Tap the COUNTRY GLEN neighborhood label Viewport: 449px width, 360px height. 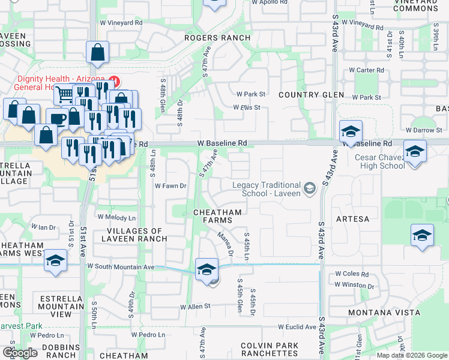coord(311,95)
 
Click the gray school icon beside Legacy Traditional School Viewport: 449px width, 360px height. coord(310,189)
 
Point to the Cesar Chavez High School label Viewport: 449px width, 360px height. coord(379,162)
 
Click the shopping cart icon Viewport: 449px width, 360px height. coord(64,94)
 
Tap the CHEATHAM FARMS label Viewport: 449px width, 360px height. coord(217,217)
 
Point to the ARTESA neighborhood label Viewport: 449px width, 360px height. coord(353,219)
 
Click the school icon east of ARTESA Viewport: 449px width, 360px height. coord(422,235)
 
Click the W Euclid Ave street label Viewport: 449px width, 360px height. coord(297,327)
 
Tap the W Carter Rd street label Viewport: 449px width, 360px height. coord(362,70)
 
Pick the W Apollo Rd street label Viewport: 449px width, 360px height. coord(270,2)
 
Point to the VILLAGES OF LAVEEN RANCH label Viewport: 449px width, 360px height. coord(136,235)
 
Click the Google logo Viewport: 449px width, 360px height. coord(20,352)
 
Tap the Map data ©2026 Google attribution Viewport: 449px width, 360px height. coord(412,355)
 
